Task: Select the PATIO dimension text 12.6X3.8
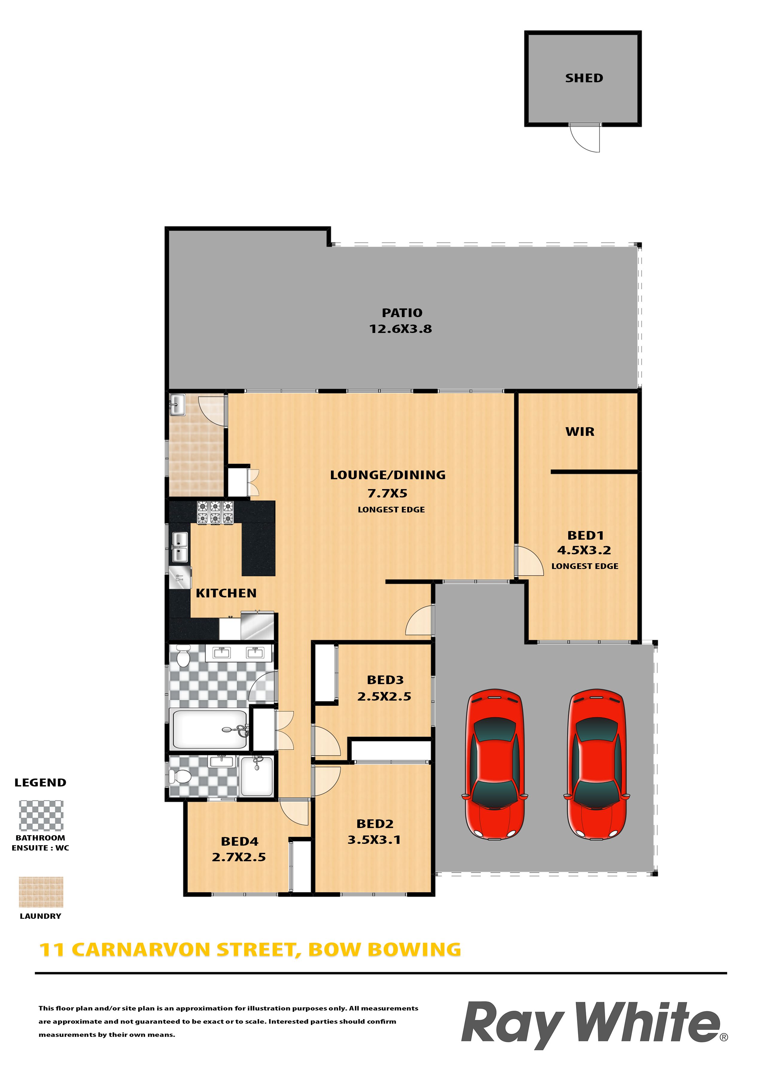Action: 401,329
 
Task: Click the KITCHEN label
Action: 226,593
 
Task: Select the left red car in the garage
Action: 495,764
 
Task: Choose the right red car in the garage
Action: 597,764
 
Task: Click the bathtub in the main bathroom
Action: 210,729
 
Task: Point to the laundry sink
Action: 177,405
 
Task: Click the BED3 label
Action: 385,680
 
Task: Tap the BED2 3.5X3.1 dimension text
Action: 374,839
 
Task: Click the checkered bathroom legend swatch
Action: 41,815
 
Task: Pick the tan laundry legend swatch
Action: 41,892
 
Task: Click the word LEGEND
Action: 40,783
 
